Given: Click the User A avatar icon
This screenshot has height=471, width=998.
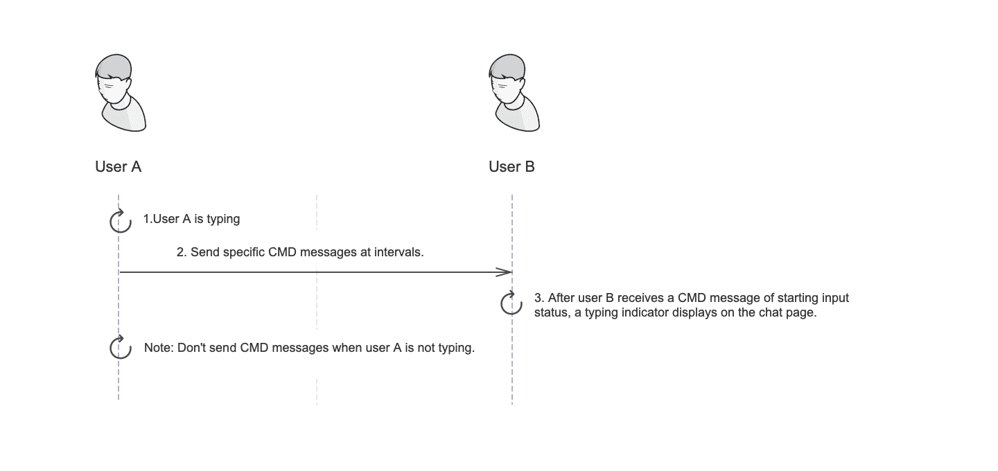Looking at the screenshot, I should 119,94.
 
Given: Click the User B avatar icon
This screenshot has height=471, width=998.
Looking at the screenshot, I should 514,94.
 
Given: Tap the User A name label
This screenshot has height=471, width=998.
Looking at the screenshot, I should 118,166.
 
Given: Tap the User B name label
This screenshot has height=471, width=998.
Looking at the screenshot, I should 511,166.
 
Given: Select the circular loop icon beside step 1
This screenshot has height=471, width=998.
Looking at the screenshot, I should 121,221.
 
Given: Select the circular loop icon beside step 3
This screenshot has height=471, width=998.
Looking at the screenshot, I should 511,303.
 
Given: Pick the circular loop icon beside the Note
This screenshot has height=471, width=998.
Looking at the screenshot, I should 121,348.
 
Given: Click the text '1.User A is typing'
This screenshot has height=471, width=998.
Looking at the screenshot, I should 191,219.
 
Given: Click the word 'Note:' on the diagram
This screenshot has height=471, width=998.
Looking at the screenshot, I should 159,348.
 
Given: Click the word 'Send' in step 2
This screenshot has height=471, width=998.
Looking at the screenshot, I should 204,252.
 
